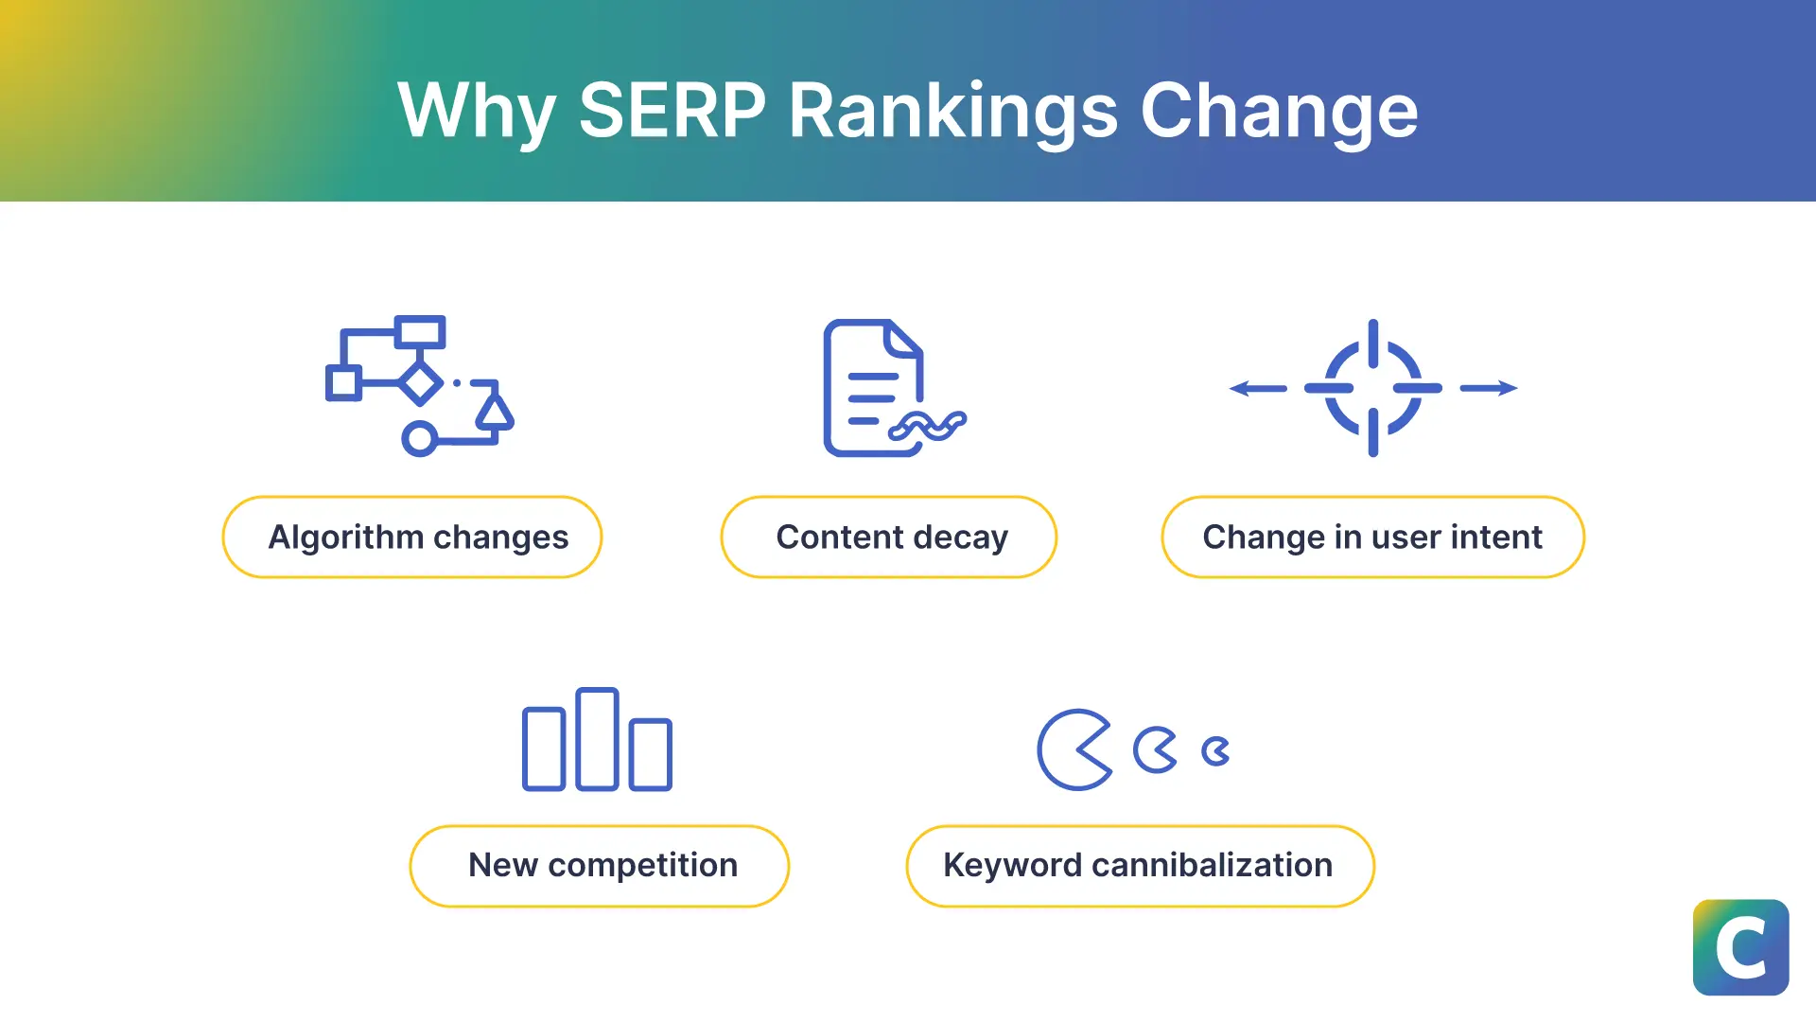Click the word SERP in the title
[672, 111]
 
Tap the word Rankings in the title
[953, 111]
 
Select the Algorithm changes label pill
[412, 537]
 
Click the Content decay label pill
[889, 537]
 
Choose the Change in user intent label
[1372, 537]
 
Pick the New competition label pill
[600, 866]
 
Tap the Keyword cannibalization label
[1140, 866]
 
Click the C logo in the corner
[1740, 947]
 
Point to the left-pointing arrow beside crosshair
[1257, 388]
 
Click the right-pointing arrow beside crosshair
[1489, 388]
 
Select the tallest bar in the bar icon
[597, 739]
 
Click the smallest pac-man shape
[1214, 751]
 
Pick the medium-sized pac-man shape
[1153, 750]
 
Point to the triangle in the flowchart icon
[494, 412]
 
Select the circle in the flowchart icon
[419, 439]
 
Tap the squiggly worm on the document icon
[927, 427]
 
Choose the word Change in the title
[1279, 111]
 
